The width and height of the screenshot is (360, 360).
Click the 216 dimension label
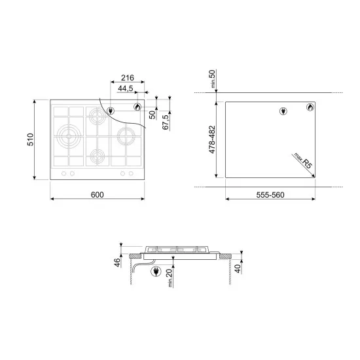pos(119,77)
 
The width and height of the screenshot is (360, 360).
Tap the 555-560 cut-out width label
pos(270,196)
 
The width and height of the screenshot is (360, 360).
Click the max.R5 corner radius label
pos(302,161)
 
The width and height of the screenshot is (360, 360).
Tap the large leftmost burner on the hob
pos(68,137)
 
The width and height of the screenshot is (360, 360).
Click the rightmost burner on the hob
pos(124,137)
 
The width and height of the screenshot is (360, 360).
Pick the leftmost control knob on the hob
pos(63,173)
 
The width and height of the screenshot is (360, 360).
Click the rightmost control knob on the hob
pos(132,173)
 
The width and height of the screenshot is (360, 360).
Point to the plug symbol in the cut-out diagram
pos(283,111)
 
